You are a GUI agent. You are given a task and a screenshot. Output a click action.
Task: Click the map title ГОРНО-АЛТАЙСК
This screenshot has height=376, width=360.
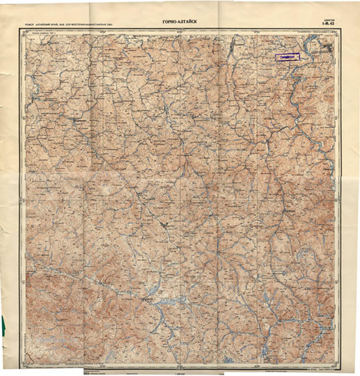tap(180, 22)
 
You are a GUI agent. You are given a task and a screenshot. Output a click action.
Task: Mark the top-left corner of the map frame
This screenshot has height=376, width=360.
tap(24, 31)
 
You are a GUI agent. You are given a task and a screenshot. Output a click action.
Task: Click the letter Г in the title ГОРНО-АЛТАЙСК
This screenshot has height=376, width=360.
tap(163, 22)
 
